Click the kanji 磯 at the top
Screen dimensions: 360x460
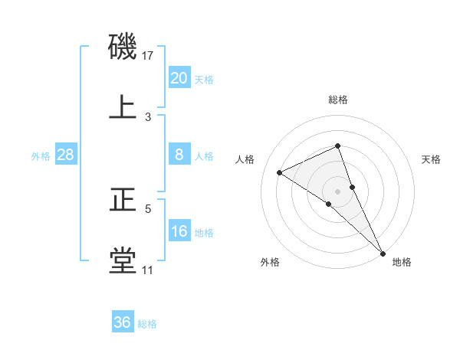point(123,47)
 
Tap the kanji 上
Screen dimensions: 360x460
point(123,106)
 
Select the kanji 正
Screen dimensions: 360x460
point(123,200)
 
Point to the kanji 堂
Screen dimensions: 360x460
point(123,260)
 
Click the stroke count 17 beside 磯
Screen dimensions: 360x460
point(148,56)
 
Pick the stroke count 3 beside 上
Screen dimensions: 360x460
point(148,116)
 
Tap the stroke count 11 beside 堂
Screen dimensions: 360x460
point(148,270)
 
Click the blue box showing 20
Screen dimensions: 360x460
point(179,78)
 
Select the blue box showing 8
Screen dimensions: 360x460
point(179,155)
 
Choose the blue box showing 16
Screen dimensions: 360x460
point(179,231)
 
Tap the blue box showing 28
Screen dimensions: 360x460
point(65,155)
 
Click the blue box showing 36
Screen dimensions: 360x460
point(123,322)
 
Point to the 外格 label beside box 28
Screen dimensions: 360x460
point(41,155)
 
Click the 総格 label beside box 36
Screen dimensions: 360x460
point(147,323)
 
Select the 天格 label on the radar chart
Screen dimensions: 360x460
point(431,159)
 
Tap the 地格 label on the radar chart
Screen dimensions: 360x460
point(402,262)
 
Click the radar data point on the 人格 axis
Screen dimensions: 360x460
point(280,172)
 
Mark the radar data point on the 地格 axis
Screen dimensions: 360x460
point(382,252)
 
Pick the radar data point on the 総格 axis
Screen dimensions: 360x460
point(338,146)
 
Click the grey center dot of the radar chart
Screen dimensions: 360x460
point(338,191)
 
